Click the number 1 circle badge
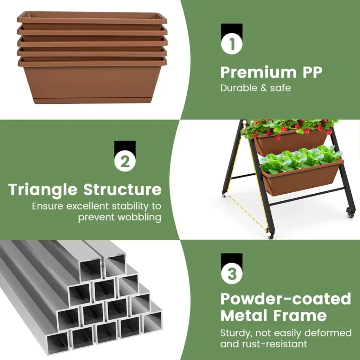232,44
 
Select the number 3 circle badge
232,274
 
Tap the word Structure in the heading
122,189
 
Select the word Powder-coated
286,299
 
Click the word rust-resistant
274,344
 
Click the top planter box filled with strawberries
290,142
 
